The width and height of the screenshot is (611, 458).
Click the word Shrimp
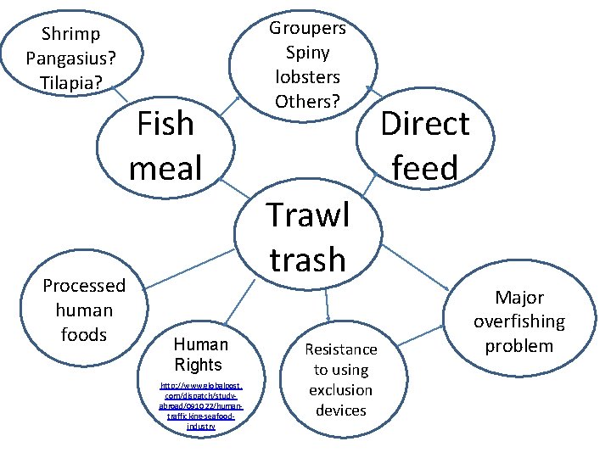[70, 34]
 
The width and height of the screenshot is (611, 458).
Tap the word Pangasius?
[70, 59]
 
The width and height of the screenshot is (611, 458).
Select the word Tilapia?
[70, 83]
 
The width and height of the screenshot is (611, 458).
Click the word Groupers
[307, 28]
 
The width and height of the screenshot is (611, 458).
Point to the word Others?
[307, 102]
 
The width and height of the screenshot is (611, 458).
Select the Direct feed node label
[424, 146]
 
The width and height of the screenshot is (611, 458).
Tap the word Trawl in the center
[307, 215]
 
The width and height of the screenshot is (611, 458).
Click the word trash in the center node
[307, 259]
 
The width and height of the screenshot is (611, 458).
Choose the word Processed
[84, 286]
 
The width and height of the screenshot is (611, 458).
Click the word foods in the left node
[84, 335]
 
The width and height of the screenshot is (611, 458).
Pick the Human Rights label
[200, 355]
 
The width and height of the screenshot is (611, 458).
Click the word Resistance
[341, 349]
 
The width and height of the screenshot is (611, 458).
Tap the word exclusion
[341, 390]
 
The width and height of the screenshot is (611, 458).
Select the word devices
[341, 411]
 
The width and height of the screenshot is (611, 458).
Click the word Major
[519, 298]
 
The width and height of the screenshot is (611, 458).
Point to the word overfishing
[519, 321]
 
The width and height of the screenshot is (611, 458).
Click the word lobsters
[307, 77]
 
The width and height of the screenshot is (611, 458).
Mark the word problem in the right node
[519, 346]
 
